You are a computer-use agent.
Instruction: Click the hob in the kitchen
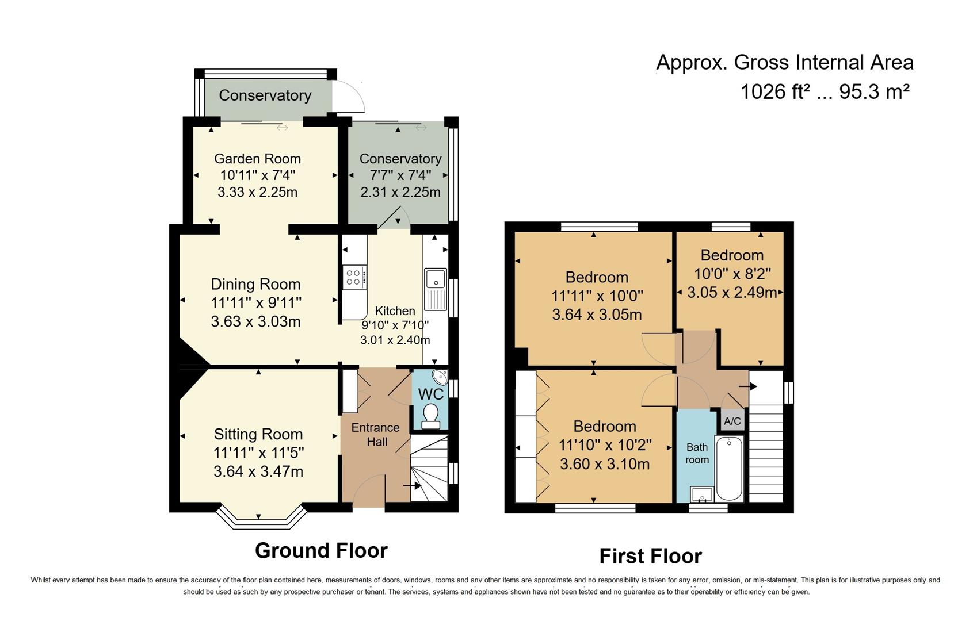click(354, 278)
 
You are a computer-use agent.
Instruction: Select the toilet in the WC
click(430, 415)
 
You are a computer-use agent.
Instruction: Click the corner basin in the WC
click(441, 378)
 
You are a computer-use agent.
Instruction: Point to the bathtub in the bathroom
click(729, 468)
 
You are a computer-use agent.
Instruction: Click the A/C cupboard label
click(732, 421)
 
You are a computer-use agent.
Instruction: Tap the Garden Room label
click(257, 159)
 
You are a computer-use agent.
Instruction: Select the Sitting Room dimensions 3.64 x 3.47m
click(258, 471)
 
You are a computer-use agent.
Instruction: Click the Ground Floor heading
click(321, 550)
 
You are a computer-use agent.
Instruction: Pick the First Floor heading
click(650, 556)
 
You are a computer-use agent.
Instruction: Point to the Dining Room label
click(255, 284)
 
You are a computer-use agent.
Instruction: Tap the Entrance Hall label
click(375, 435)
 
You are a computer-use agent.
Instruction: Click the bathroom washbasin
click(702, 494)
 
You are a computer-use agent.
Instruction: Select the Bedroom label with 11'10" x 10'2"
click(605, 426)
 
